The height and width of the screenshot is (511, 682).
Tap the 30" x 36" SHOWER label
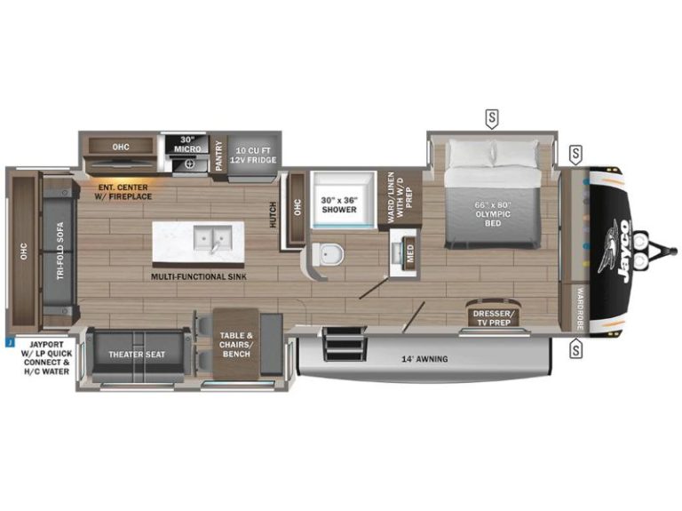[339, 205]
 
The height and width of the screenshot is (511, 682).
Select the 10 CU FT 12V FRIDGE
[253, 156]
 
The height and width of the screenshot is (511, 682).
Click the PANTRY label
[218, 156]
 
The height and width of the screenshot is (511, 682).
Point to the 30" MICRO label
[187, 145]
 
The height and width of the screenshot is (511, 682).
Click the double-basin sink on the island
[212, 238]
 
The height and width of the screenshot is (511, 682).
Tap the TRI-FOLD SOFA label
[60, 251]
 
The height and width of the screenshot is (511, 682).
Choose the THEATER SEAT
[137, 355]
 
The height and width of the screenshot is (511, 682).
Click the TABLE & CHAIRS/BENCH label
[236, 345]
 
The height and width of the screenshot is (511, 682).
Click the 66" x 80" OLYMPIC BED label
[493, 213]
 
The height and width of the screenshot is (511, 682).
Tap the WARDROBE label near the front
[580, 307]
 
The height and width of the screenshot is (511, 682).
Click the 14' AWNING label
[424, 359]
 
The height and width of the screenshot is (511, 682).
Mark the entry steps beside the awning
[344, 343]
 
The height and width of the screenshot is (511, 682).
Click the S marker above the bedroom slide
[492, 118]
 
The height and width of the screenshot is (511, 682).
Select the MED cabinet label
[410, 253]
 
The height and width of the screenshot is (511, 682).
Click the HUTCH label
[274, 214]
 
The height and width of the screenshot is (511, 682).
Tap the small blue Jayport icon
[9, 343]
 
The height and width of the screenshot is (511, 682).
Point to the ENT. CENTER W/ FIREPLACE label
[123, 192]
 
